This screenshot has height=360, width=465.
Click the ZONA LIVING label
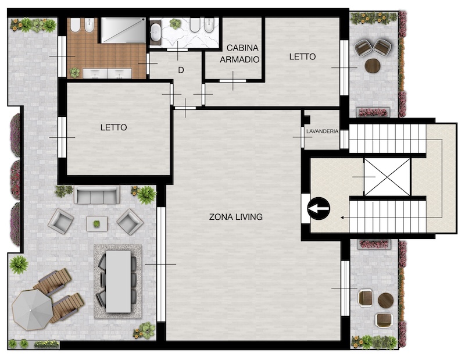coord(236,217)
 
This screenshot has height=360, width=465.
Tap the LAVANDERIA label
coord(322,131)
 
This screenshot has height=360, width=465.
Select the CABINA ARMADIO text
coord(239,54)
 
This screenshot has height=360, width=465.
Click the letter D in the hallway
coord(181,70)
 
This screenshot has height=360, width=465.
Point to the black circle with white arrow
coord(319,209)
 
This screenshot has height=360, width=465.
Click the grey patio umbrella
coord(32,309)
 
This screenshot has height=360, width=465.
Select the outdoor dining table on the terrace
coord(119,281)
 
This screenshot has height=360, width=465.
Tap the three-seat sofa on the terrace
coord(96,195)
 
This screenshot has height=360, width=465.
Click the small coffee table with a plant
coord(96,223)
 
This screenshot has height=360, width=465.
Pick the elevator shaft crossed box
coord(387,177)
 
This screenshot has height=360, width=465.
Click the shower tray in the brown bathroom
coord(123,30)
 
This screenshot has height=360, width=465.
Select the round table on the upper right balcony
coord(373,66)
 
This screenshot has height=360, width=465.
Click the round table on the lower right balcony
coord(386,300)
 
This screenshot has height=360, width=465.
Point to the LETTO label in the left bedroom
coord(113,127)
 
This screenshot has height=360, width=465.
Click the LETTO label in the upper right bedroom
coord(302,56)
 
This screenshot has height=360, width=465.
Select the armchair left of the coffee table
coord(61,221)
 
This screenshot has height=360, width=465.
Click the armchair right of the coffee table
coord(130,222)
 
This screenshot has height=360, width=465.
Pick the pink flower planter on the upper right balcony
coord(373,112)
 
